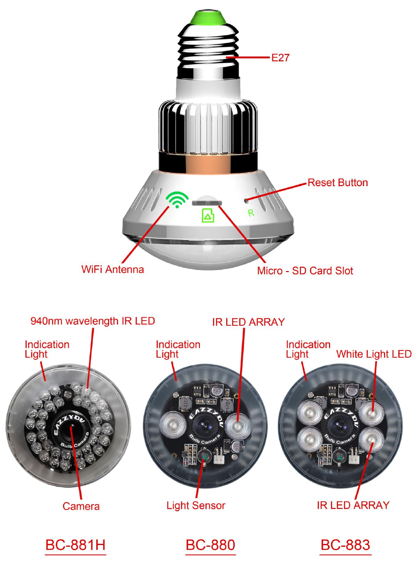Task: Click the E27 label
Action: (x=280, y=58)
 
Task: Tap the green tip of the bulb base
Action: (x=208, y=18)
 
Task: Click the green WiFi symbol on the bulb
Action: (x=177, y=199)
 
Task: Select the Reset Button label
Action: (x=338, y=183)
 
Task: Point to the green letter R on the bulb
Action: (x=251, y=213)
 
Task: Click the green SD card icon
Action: (x=208, y=215)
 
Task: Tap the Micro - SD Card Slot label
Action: (x=305, y=271)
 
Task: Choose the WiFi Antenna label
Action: (x=113, y=269)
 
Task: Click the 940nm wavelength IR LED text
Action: (x=92, y=321)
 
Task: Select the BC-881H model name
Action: (x=75, y=545)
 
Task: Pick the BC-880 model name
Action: (x=211, y=545)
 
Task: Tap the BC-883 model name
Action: (x=345, y=545)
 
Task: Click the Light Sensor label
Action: (x=196, y=506)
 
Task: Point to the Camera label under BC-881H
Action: (x=81, y=506)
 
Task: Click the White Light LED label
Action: (x=374, y=354)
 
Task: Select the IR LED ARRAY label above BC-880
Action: (x=248, y=322)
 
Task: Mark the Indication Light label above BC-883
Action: (x=308, y=349)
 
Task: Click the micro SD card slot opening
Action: (x=207, y=202)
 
